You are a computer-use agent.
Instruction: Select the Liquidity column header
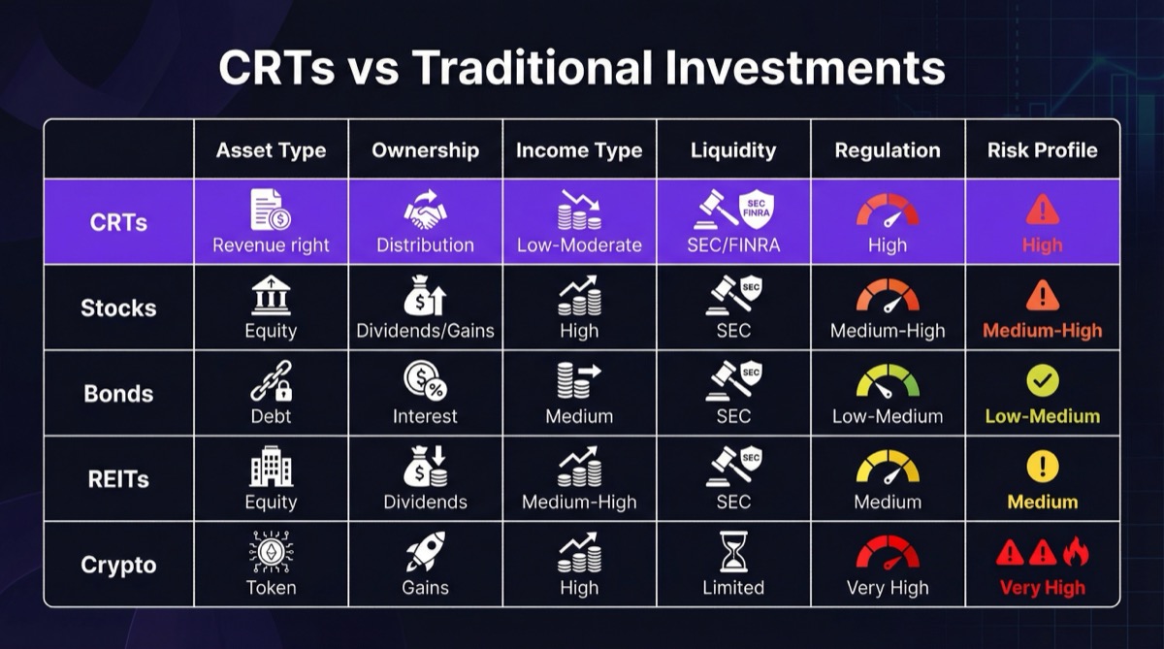[x=733, y=150]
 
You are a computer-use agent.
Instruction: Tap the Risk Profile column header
[x=1042, y=150]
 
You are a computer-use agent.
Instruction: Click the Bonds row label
[x=118, y=394]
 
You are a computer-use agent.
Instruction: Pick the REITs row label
[x=118, y=479]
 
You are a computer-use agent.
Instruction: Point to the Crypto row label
[x=118, y=565]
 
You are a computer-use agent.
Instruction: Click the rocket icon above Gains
[x=425, y=552]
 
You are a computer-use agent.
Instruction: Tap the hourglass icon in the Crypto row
[x=733, y=552]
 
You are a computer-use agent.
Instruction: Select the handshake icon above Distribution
[x=425, y=210]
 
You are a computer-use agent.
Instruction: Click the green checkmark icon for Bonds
[x=1043, y=381]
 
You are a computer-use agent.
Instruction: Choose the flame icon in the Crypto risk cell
[x=1076, y=552]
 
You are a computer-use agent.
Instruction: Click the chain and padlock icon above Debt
[x=271, y=381]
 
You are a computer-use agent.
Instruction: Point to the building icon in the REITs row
[x=271, y=467]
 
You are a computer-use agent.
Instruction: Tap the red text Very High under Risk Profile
[x=1043, y=588]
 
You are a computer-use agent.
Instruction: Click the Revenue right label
[x=271, y=245]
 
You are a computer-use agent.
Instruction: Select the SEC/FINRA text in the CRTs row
[x=733, y=245]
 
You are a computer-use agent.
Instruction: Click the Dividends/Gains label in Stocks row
[x=425, y=331]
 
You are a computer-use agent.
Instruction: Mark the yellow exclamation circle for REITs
[x=1043, y=467]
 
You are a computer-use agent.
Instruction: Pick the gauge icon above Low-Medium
[x=888, y=381]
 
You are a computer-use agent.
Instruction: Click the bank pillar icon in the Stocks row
[x=271, y=295]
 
